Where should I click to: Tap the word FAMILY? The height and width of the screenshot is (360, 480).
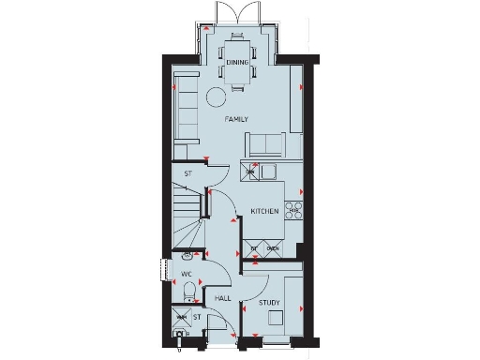point(236,121)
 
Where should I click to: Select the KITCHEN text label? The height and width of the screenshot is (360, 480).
point(264,212)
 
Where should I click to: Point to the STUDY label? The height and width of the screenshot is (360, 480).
point(272,301)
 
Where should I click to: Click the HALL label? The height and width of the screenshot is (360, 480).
point(222,298)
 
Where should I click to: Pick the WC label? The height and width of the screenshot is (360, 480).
point(186,275)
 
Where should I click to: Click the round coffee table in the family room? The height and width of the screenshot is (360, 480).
point(217,96)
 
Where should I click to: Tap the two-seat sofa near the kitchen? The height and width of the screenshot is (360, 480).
point(265,144)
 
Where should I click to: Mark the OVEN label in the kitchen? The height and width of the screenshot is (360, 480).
point(273,247)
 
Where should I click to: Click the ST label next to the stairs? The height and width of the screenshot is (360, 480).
point(187,173)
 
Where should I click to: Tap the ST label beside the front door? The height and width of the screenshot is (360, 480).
point(197,318)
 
